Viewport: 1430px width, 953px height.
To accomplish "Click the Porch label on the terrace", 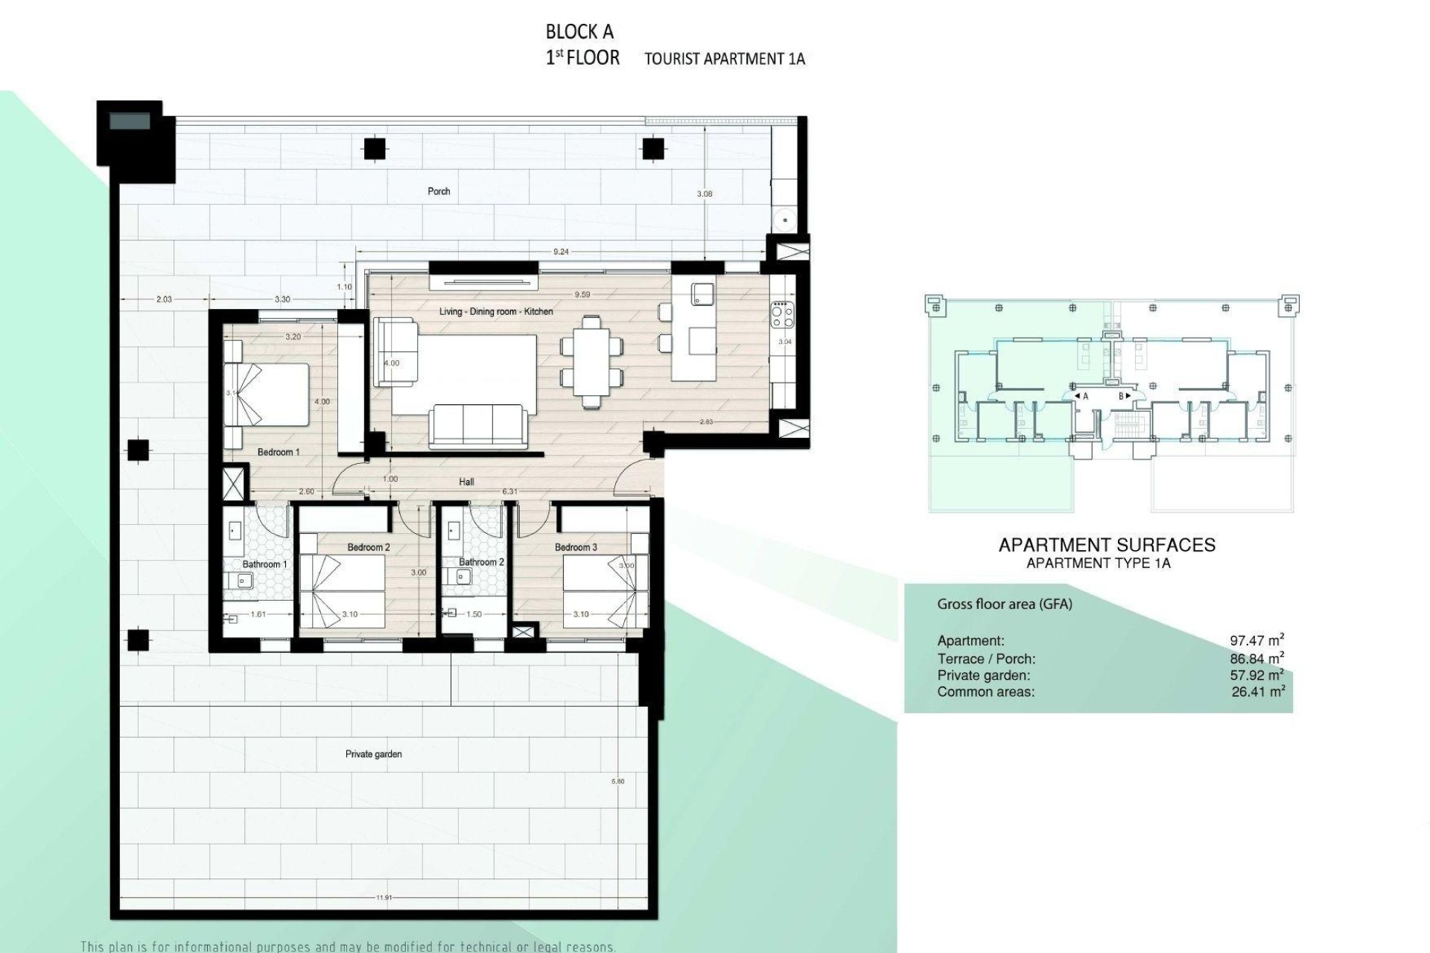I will [x=439, y=191].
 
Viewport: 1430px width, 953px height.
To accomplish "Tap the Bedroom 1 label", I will [x=278, y=452].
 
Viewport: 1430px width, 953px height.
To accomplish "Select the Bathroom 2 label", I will [x=481, y=562].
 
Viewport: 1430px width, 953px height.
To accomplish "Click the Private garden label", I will [x=373, y=754].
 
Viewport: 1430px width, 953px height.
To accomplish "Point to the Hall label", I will [x=466, y=482].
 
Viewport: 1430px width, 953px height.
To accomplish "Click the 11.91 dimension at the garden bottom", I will [x=384, y=898].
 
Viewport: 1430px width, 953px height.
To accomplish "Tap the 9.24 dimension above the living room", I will [x=561, y=252].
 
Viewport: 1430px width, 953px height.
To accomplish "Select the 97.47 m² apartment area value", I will [x=1256, y=640].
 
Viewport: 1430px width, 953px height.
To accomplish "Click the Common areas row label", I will [x=985, y=692].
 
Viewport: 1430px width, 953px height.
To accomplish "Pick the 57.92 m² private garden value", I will [x=1256, y=676].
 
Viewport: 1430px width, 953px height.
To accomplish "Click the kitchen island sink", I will [x=702, y=293].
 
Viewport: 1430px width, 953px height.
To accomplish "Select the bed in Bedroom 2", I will [x=342, y=592].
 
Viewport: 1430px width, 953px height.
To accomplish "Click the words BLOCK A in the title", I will [x=579, y=32].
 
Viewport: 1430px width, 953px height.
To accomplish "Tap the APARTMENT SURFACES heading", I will [x=1106, y=545].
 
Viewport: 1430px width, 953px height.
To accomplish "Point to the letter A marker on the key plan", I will [x=1084, y=397].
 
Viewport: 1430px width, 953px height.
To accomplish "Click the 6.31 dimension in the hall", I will [x=510, y=491].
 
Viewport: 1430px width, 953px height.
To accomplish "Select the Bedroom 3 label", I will [x=575, y=547].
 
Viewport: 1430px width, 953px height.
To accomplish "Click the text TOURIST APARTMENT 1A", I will [x=724, y=60].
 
